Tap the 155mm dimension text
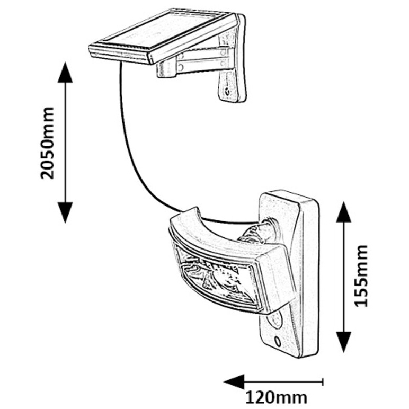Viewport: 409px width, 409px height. tap(361, 275)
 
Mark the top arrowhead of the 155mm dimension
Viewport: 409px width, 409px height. tap(344, 212)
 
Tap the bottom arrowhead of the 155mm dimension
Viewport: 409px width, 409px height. tap(344, 342)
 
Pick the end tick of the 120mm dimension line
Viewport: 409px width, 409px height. tap(323, 381)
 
